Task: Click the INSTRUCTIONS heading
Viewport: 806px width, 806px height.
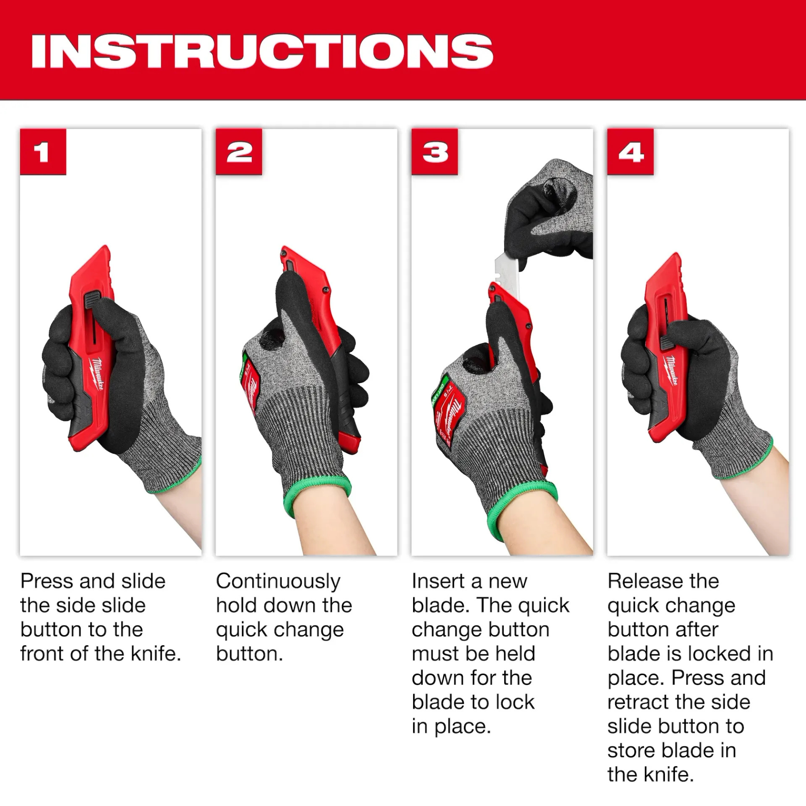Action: tap(262, 52)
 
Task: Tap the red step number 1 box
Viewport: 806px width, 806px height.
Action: tap(43, 152)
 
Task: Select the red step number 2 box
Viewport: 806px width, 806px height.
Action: tap(239, 152)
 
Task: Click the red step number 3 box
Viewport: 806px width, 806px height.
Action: tap(434, 152)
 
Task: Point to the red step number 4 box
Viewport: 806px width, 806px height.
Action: tap(630, 152)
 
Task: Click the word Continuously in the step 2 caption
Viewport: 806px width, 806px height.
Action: tap(278, 582)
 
